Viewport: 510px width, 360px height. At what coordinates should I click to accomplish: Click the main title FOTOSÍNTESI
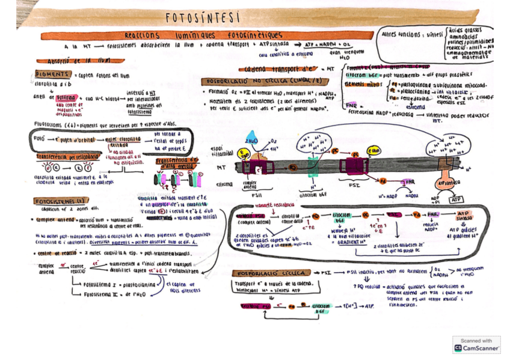[202, 17]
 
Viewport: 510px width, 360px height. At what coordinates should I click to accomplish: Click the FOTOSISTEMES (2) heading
[61, 201]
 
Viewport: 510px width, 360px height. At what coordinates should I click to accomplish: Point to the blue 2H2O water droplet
[253, 142]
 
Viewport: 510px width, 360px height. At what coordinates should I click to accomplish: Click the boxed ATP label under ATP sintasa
[457, 200]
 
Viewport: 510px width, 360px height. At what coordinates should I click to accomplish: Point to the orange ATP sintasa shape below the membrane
[446, 178]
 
